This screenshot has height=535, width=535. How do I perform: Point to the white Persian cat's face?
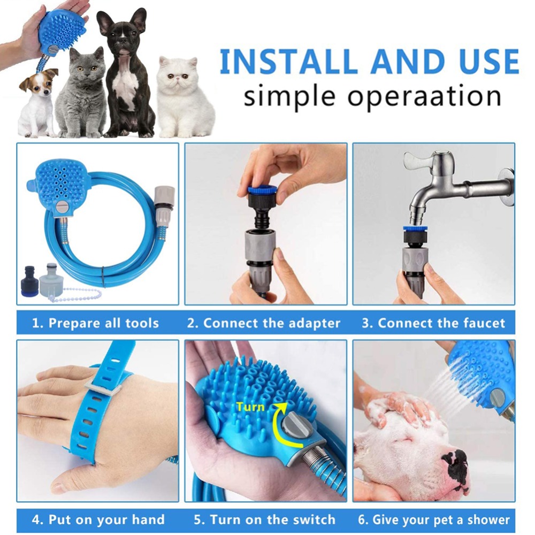pos(179,75)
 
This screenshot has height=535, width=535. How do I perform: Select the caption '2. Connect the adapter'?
pos(263,323)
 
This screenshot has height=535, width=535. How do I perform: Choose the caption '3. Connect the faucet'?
pos(433,323)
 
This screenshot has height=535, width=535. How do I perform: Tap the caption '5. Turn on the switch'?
pos(265,519)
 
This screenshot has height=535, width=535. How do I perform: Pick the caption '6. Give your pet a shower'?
pos(434,519)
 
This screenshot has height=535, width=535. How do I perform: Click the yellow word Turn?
pos(250,407)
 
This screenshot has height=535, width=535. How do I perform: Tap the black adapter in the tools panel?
pos(30,278)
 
